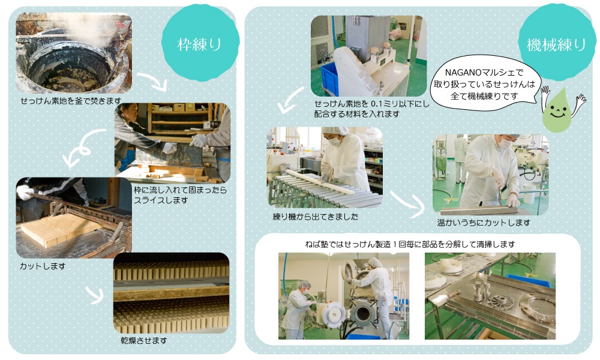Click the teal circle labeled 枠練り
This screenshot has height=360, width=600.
click(x=200, y=43)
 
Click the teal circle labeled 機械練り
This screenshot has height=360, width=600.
click(x=556, y=43)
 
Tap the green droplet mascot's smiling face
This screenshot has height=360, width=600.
click(x=557, y=112)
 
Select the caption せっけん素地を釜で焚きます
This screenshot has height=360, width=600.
click(x=71, y=101)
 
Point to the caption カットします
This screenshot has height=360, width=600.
click(x=43, y=266)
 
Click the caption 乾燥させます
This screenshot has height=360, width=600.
click(x=144, y=340)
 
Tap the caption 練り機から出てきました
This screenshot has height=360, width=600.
click(x=316, y=217)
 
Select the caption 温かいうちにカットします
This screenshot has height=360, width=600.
click(x=484, y=222)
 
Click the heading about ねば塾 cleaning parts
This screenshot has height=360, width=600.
click(x=409, y=244)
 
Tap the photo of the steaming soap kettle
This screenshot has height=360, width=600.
click(x=74, y=53)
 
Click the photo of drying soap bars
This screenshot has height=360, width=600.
click(x=172, y=293)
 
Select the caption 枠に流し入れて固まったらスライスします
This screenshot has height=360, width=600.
click(x=180, y=195)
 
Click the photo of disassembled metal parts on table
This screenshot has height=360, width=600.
click(x=490, y=296)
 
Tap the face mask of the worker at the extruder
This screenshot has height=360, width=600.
click(x=334, y=142)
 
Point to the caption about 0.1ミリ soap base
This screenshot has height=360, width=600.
click(x=371, y=109)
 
